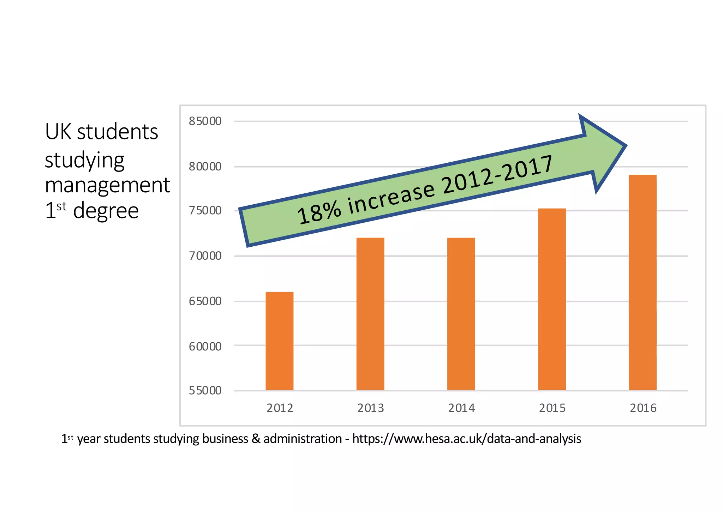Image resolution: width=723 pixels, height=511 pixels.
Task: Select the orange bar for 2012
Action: [279, 341]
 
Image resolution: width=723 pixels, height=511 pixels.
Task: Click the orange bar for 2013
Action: [370, 314]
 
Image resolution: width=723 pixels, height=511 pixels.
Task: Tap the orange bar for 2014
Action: [461, 314]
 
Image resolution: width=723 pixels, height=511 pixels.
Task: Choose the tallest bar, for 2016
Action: [642, 282]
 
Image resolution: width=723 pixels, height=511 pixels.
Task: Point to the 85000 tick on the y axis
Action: [205, 121]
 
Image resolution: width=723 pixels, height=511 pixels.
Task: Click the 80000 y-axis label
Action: [205, 167]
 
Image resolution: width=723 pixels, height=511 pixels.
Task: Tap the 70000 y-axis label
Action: [205, 256]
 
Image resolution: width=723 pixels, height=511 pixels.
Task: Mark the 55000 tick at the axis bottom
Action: [205, 391]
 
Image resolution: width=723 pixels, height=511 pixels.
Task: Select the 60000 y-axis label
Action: [205, 347]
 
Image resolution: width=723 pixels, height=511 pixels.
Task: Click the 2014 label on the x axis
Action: [461, 408]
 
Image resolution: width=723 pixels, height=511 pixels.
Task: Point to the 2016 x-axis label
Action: [643, 408]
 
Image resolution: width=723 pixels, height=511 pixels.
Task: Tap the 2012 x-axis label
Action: [280, 408]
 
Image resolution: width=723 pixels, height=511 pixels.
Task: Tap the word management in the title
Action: [107, 185]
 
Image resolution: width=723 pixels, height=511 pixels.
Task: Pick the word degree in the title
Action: [106, 211]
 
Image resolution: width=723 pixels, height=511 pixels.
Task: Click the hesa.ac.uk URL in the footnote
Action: [466, 439]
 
